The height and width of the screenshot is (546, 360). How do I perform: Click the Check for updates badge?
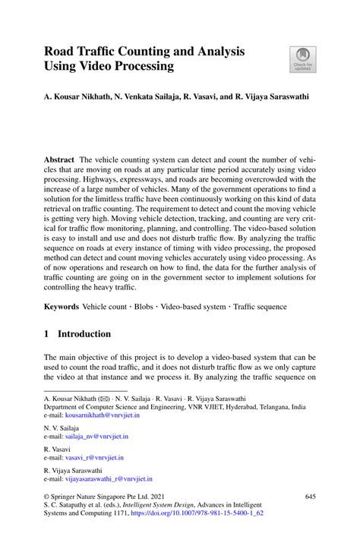[302, 60]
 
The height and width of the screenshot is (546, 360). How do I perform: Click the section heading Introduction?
[84, 334]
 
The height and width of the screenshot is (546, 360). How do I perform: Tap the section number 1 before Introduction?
[46, 334]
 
